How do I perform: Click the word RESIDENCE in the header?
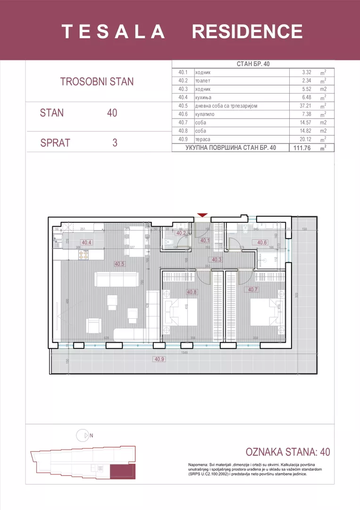(x=247, y=32)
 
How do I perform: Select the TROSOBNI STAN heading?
(x=97, y=81)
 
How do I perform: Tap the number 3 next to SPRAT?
(x=115, y=143)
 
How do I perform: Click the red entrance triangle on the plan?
(x=202, y=215)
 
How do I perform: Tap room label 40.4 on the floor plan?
(x=87, y=243)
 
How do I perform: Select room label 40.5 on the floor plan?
(x=119, y=264)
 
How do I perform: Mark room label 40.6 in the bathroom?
(x=262, y=243)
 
